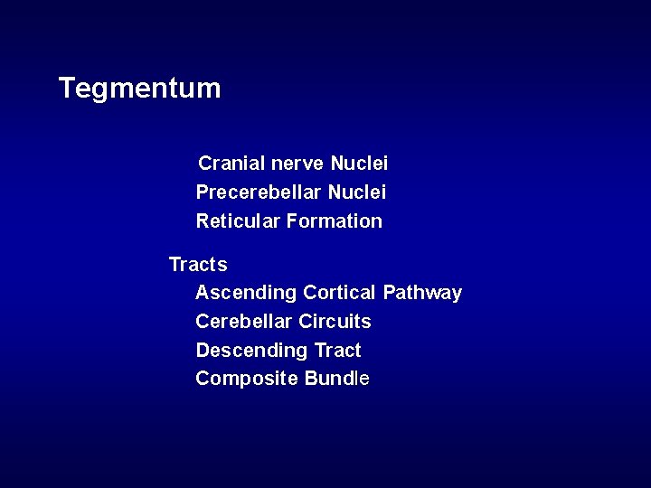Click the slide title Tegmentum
click(x=139, y=89)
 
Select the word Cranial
click(x=231, y=164)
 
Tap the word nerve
click(x=298, y=164)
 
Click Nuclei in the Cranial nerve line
click(x=359, y=164)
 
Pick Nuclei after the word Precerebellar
click(x=357, y=192)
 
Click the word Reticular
click(x=238, y=221)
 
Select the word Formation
click(x=335, y=221)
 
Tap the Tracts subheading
click(x=198, y=265)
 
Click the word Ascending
click(x=246, y=293)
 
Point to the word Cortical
click(x=339, y=293)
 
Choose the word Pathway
click(x=422, y=294)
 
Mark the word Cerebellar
click(x=243, y=322)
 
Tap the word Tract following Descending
click(x=337, y=351)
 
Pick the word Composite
click(x=246, y=379)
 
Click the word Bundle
click(x=337, y=379)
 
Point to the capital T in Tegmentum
click(x=67, y=89)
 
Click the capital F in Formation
click(x=292, y=221)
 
